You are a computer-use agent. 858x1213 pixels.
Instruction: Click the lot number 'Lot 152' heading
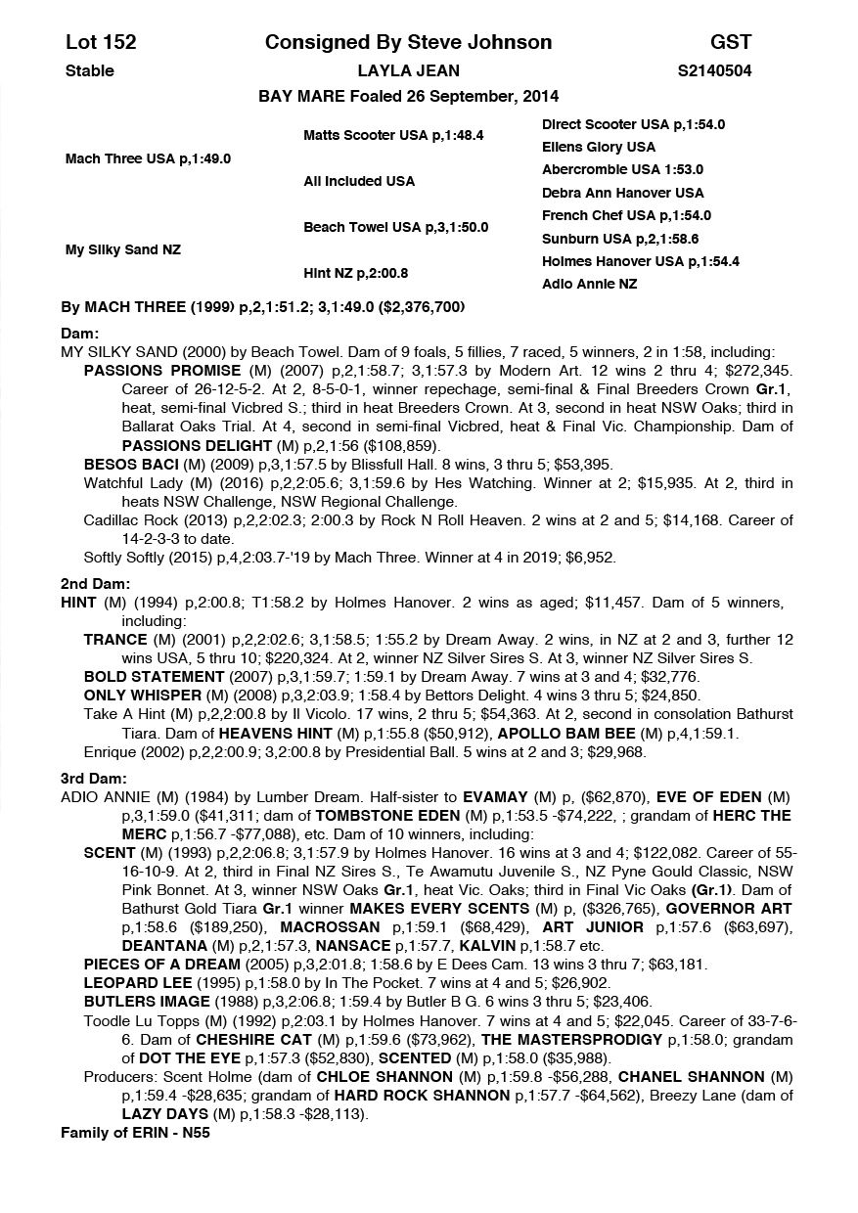[101, 42]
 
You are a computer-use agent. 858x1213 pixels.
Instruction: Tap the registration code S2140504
[714, 70]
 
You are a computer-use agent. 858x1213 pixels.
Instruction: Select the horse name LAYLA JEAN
[408, 70]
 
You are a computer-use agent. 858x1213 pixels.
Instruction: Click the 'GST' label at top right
[731, 42]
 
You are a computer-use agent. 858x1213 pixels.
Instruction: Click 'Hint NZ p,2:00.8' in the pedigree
[356, 273]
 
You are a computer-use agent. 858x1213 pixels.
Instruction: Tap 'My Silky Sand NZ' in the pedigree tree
[122, 249]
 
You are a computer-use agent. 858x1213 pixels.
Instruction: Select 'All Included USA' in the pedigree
[359, 181]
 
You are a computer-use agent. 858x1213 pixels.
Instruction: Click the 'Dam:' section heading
[79, 333]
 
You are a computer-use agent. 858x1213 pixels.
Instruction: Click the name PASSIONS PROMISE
[162, 371]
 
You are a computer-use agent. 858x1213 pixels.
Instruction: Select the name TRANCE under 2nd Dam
[115, 639]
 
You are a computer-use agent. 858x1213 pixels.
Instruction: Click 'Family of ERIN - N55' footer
[135, 1133]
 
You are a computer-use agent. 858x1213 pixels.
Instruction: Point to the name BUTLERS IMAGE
[147, 1001]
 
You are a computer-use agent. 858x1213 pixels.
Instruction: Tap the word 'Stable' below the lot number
[89, 70]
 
